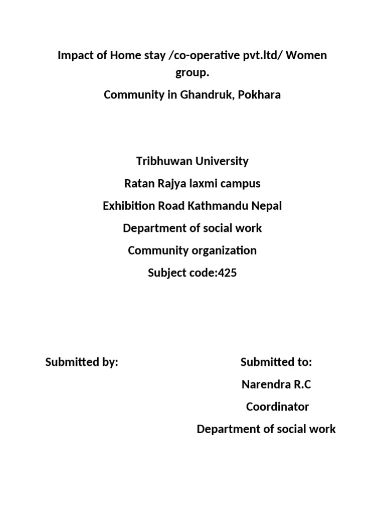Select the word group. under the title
tap(192, 73)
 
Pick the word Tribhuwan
tap(160, 162)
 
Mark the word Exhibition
tap(128, 206)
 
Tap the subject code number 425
tap(227, 273)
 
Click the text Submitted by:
tap(82, 362)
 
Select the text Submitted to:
tap(276, 362)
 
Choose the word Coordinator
tap(277, 407)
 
